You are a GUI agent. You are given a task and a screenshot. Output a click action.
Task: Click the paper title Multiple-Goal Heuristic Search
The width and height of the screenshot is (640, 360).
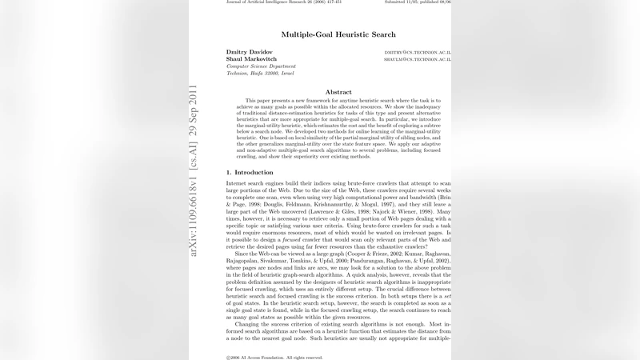338,35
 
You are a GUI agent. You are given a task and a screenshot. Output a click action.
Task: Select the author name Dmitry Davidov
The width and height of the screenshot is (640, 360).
250,52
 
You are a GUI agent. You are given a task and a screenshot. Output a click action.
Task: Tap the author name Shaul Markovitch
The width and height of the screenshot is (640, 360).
253,59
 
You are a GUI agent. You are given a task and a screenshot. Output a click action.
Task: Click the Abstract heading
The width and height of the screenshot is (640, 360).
338,92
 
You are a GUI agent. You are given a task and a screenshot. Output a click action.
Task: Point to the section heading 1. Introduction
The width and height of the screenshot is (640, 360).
250,172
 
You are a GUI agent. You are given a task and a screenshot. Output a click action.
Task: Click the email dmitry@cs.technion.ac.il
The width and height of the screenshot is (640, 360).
418,52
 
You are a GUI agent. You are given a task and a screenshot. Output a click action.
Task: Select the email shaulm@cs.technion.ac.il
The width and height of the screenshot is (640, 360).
418,59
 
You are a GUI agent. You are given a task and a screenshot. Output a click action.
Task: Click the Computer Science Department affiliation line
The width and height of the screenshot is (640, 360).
261,66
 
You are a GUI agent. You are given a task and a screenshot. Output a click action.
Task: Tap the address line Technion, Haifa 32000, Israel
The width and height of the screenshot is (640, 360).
260,73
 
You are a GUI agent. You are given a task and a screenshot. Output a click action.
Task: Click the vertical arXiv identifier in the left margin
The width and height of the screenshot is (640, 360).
194,167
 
